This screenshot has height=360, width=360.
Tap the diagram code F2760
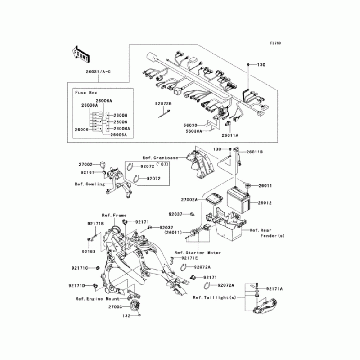(x=275, y=43)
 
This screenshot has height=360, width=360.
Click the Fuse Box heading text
(x=86, y=92)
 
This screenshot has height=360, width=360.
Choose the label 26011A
(x=230, y=135)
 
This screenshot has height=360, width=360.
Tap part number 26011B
(x=254, y=152)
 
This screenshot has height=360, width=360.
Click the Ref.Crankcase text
(x=160, y=158)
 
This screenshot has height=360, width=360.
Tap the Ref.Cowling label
(x=90, y=184)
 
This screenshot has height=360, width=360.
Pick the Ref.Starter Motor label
(x=198, y=253)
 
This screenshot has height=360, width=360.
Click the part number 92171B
(x=96, y=223)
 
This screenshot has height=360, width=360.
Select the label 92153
(x=89, y=252)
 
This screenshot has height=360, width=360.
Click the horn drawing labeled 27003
(x=134, y=306)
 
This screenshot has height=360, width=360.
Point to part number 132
(x=126, y=316)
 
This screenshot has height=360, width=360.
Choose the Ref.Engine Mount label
(x=97, y=299)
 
